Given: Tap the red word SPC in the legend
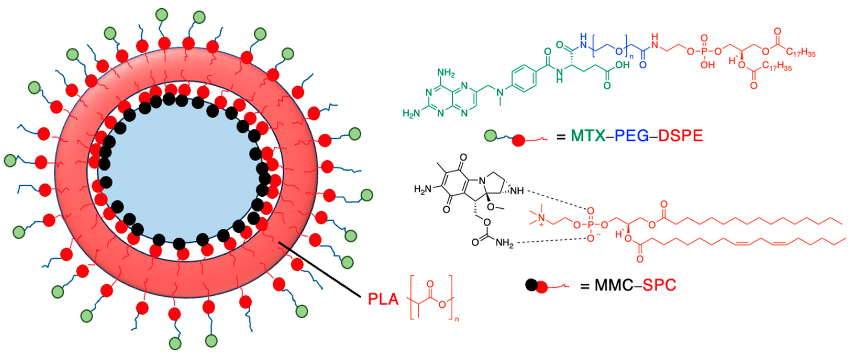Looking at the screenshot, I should click(659, 285).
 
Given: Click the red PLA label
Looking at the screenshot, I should click(383, 299).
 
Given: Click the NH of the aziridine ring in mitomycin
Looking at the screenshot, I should click(517, 191).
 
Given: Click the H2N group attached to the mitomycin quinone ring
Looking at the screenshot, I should click(422, 189).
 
